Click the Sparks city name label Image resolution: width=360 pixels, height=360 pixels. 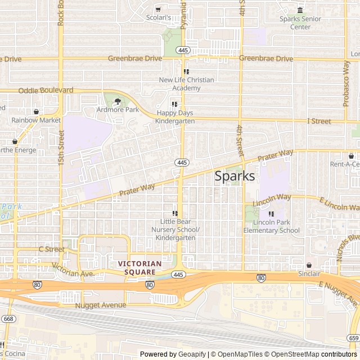235,176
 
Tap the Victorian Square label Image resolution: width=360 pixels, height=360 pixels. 139,267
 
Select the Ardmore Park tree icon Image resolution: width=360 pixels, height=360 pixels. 118,102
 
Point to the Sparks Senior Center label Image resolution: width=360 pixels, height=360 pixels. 300,22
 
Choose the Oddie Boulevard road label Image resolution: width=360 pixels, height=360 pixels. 46,90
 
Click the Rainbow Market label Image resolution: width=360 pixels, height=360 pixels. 36,120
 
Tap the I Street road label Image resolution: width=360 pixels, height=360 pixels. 319,121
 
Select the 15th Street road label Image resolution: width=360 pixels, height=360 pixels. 61,148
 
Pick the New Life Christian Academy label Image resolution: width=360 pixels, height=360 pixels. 186,84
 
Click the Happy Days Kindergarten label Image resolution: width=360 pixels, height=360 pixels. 174,117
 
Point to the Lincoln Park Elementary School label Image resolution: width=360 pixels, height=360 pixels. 272,226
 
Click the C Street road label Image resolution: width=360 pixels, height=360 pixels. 52,249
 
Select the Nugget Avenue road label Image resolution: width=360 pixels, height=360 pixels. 100,305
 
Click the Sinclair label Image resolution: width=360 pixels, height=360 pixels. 309,273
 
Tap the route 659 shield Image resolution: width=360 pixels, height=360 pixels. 353,338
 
